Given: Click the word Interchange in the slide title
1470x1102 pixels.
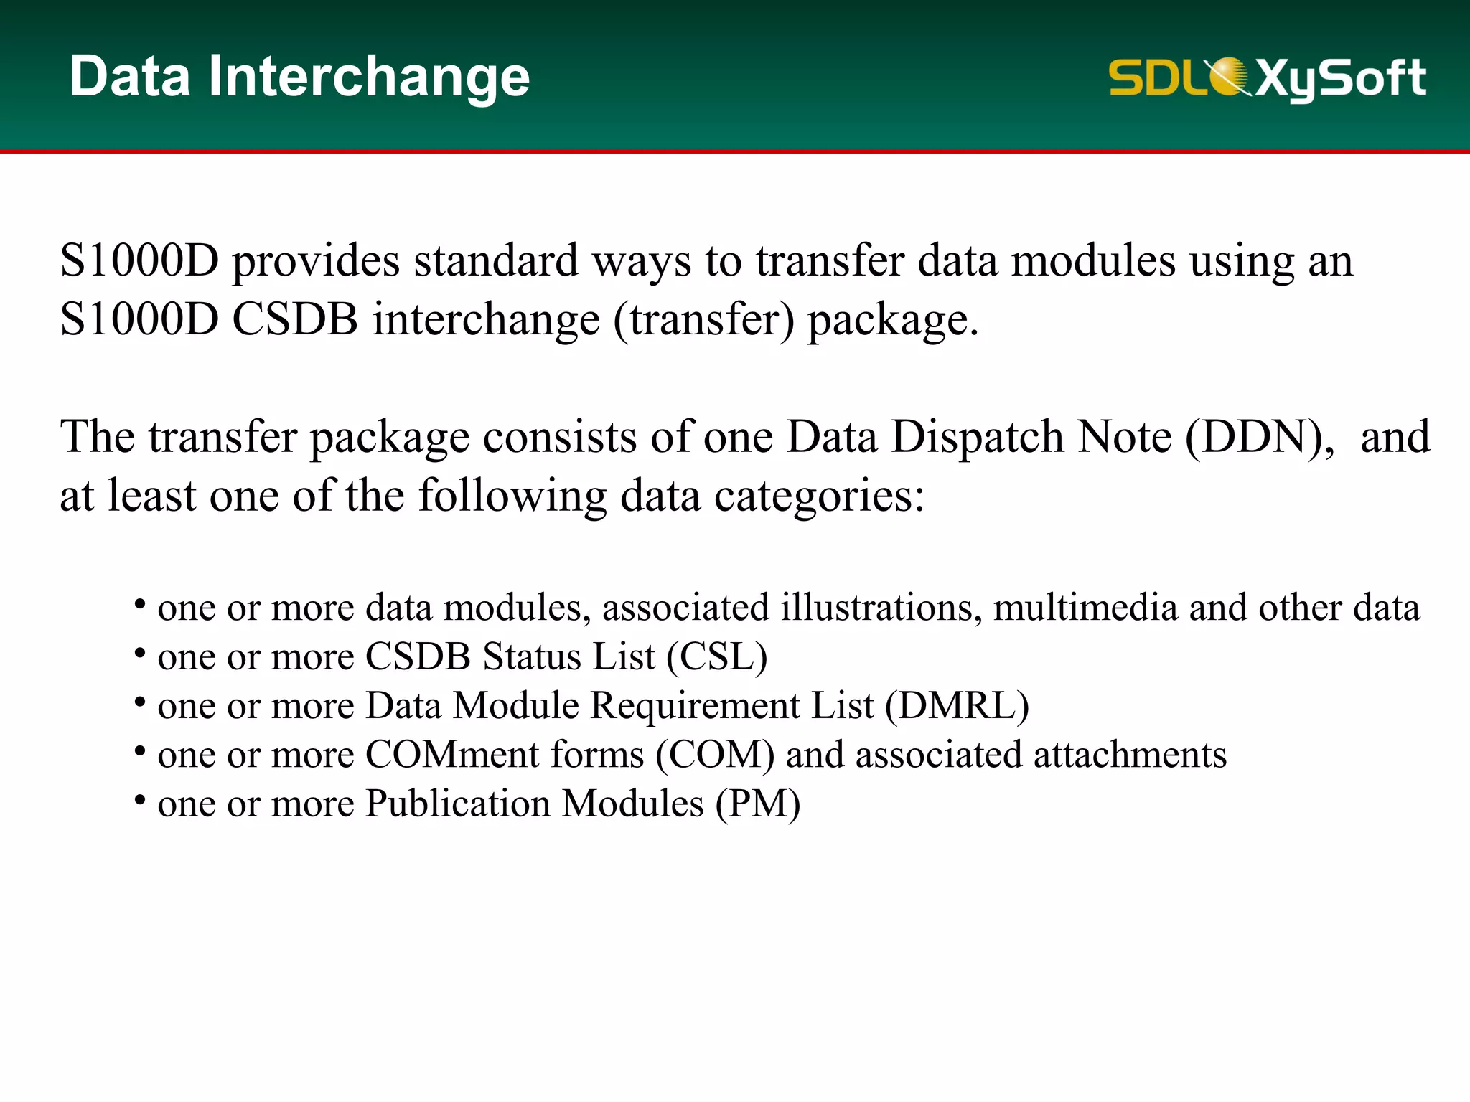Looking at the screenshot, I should click(369, 77).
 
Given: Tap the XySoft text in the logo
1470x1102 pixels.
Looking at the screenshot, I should click(1341, 77).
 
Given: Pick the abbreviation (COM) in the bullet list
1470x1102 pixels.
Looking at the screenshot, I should click(715, 755).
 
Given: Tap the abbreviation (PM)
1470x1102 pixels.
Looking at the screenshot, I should click(757, 804).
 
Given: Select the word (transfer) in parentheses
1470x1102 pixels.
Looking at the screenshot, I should click(704, 320).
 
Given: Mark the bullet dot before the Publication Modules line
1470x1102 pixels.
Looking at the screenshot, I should click(141, 799).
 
